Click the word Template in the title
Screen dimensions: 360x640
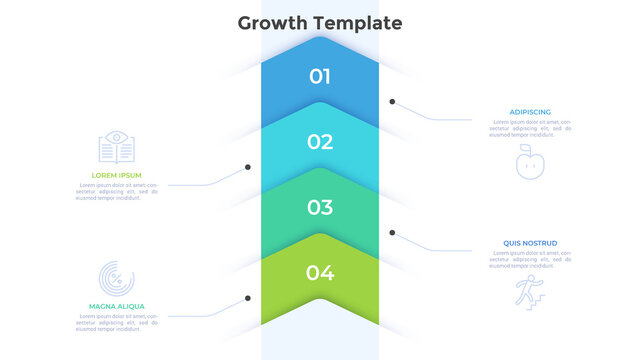[355, 23]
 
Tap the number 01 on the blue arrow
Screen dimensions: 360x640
[320, 76]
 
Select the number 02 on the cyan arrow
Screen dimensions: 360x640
[320, 142]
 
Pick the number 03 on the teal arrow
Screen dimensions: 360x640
[320, 208]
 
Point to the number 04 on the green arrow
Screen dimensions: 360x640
[320, 272]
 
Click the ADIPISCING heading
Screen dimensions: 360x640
[529, 112]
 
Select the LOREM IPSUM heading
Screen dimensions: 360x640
[110, 175]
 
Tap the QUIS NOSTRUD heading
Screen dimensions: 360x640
[531, 243]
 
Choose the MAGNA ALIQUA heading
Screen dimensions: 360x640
[117, 306]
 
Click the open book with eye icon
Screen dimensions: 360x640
[116, 148]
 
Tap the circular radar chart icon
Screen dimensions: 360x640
[116, 278]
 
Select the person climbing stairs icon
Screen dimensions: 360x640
[526, 291]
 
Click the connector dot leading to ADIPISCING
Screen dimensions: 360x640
[393, 101]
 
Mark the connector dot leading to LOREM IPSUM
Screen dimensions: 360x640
[248, 167]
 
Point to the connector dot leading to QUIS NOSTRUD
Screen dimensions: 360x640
[393, 232]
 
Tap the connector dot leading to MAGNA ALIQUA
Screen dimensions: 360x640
[248, 298]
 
